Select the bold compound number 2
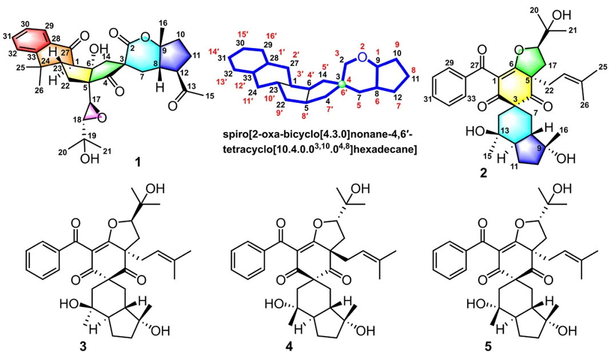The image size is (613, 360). coord(483,173)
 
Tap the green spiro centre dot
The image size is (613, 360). coord(342,84)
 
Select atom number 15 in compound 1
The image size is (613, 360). coord(209,96)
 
